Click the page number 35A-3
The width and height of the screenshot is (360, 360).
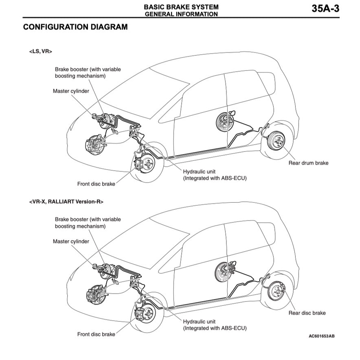coord(325,9)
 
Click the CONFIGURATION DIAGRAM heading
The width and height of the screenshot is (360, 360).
coord(75,27)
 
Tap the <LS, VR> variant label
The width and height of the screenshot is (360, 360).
coord(41,52)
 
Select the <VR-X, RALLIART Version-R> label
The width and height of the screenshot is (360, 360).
coord(66,201)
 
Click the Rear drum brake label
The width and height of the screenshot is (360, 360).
coord(308,163)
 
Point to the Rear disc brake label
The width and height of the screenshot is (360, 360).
coord(307,313)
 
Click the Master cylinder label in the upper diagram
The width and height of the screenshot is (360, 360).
coord(71,91)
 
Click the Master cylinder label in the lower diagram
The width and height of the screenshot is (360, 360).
coord(71,241)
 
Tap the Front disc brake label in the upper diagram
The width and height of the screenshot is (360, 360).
coord(96,184)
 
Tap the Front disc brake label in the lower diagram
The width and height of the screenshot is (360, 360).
coord(96,334)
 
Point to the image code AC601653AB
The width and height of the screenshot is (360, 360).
coord(322,336)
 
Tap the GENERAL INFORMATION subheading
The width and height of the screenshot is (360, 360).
coord(181,14)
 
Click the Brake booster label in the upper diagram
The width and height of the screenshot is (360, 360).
coord(88,72)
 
